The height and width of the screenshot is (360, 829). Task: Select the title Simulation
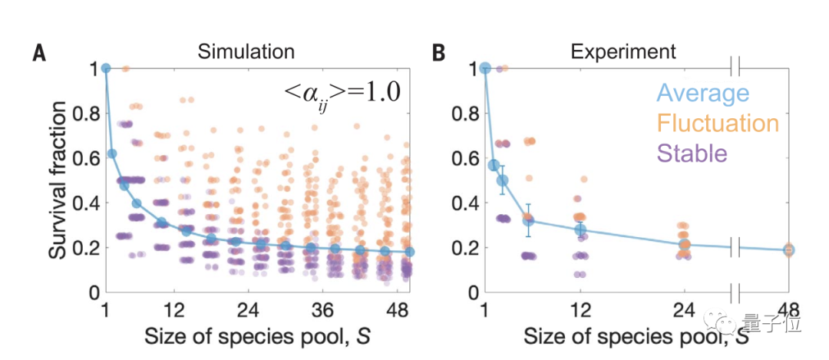tap(246, 51)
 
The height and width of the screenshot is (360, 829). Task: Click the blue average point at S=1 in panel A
tap(106, 68)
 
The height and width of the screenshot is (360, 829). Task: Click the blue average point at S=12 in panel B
tap(580, 230)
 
